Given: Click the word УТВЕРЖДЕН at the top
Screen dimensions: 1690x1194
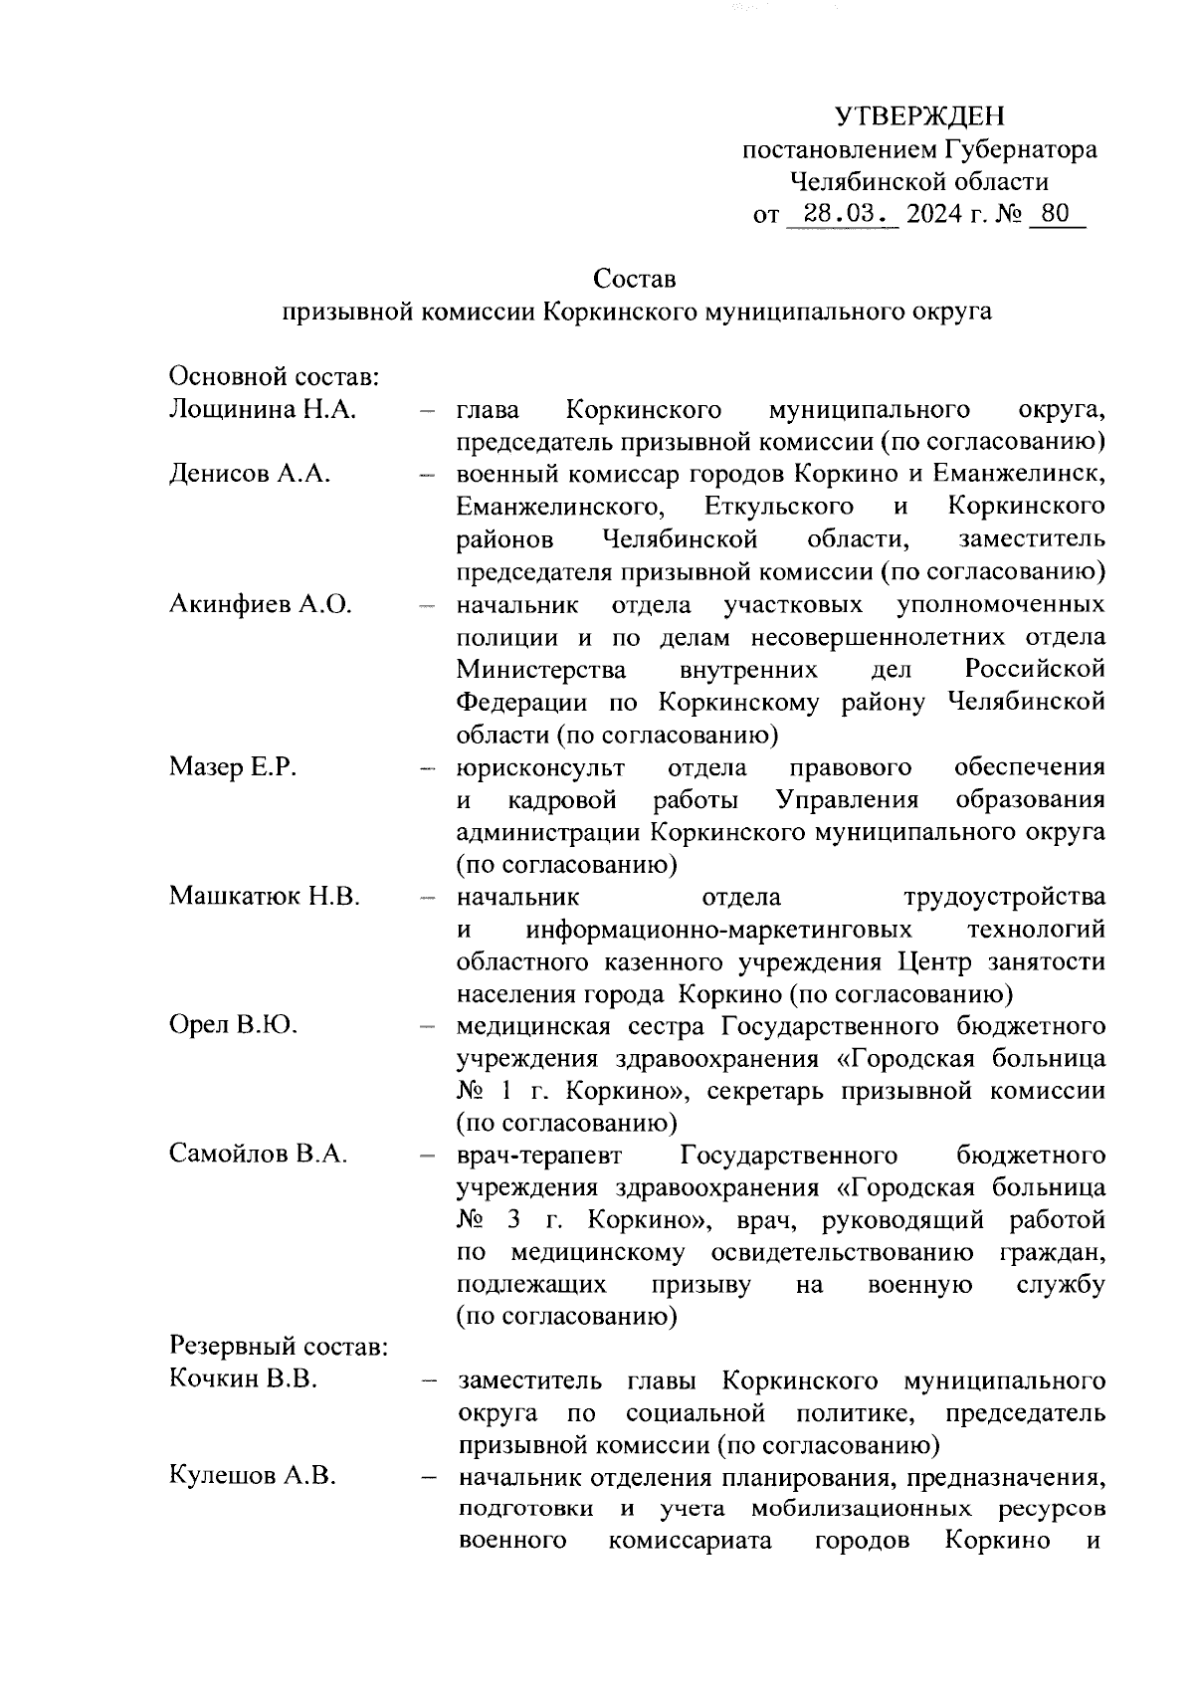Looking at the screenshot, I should coord(919,117).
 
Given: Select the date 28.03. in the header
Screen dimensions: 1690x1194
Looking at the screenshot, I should coord(841,214).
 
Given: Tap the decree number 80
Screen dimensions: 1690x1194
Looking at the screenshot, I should coord(1056,214).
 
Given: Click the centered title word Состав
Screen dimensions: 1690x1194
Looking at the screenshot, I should coord(635,279).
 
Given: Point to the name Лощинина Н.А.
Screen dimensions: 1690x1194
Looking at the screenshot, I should coord(263,409).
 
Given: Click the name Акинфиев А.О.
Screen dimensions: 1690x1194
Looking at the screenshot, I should coord(261,604).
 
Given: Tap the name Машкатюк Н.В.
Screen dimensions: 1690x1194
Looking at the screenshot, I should coord(265,896).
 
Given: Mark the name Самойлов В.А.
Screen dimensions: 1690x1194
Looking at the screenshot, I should coord(258,1155).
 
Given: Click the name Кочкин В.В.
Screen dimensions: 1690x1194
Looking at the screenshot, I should coord(243,1380).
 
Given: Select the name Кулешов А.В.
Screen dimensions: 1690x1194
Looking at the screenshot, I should coord(252,1477).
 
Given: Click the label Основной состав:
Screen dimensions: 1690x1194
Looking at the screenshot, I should coord(273,377).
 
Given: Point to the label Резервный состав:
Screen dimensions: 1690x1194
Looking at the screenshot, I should coord(278,1348).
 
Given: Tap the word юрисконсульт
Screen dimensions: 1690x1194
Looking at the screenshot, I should coord(540,767).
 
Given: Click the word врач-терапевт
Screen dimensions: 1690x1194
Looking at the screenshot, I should coord(539,1156).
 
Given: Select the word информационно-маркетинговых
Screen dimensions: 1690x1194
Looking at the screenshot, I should coord(719,930).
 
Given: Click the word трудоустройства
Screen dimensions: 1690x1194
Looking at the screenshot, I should coord(1003,897).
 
